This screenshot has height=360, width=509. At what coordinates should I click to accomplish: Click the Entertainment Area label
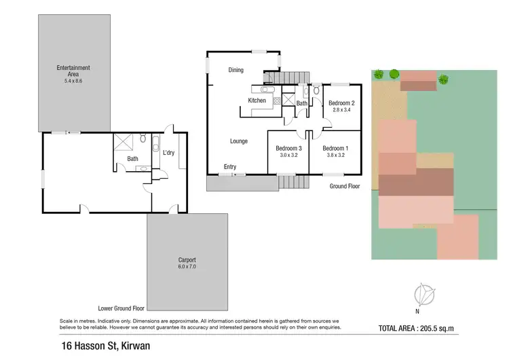pyautogui.click(x=73, y=68)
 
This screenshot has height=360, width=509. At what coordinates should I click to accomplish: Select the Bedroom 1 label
pyautogui.click(x=335, y=148)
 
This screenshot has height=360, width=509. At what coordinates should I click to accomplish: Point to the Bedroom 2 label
pyautogui.click(x=342, y=103)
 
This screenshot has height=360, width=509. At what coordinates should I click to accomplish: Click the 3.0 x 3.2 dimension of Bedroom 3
pyautogui.click(x=288, y=156)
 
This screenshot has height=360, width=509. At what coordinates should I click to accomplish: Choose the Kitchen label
pyautogui.click(x=257, y=101)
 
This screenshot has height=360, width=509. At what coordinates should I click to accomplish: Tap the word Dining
pyautogui.click(x=235, y=70)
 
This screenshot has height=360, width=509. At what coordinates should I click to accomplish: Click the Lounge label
pyautogui.click(x=238, y=141)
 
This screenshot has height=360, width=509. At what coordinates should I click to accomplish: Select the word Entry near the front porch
pyautogui.click(x=231, y=166)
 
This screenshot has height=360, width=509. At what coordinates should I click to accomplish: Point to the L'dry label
pyautogui.click(x=169, y=152)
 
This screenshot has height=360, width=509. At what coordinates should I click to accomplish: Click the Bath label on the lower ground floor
pyautogui.click(x=132, y=159)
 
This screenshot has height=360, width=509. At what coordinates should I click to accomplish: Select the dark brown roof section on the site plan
pyautogui.click(x=415, y=184)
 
